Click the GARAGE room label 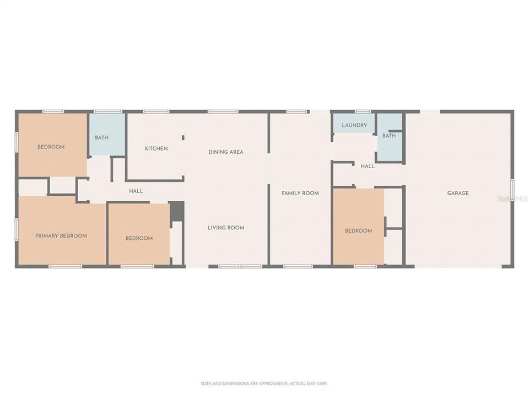click(x=458, y=193)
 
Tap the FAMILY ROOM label click(x=300, y=193)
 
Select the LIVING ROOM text click(x=226, y=228)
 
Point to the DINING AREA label click(x=226, y=152)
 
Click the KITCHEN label click(x=156, y=148)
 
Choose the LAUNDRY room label click(x=354, y=125)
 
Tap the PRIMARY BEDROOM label click(x=61, y=236)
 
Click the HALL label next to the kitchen click(x=136, y=191)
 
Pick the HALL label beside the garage click(x=368, y=166)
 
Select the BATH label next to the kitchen click(x=101, y=137)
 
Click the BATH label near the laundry click(x=389, y=136)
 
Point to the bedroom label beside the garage click(x=359, y=231)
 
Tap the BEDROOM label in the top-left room click(x=51, y=147)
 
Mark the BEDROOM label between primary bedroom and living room click(x=139, y=238)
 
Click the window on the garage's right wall click(x=512, y=190)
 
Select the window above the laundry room click(x=363, y=111)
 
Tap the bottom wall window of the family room click(x=298, y=267)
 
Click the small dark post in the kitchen click(x=183, y=138)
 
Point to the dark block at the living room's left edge click(x=176, y=211)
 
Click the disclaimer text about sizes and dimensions click(x=264, y=383)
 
